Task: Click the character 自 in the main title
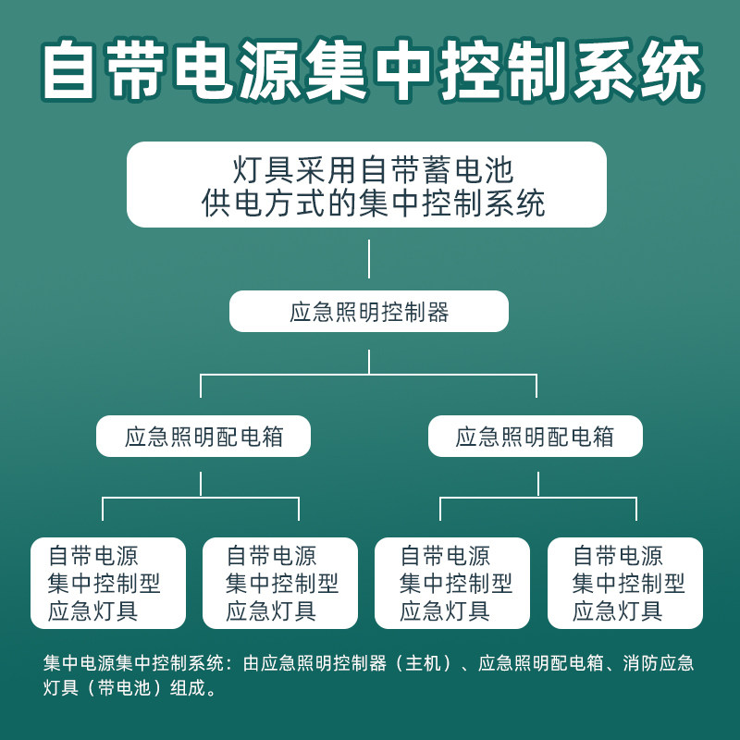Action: coord(71,70)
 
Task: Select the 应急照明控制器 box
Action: coord(369,312)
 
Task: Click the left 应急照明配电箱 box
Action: coord(203,436)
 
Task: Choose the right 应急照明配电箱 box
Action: coord(535,436)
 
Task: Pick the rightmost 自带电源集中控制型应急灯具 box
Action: coord(625,583)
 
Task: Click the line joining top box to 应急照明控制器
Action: coord(369,259)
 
